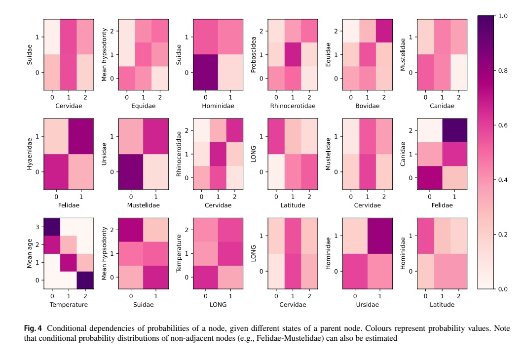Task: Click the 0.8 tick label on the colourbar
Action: click(503, 71)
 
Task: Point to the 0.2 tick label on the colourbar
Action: click(503, 235)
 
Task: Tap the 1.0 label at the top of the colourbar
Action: click(503, 16)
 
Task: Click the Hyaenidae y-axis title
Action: click(30, 154)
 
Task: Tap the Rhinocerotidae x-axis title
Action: click(293, 106)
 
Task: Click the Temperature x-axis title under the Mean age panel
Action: click(69, 305)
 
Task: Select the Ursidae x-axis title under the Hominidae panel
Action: click(367, 305)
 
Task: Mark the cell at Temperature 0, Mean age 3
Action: click(52, 227)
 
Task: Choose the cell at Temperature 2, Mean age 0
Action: click(85, 280)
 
